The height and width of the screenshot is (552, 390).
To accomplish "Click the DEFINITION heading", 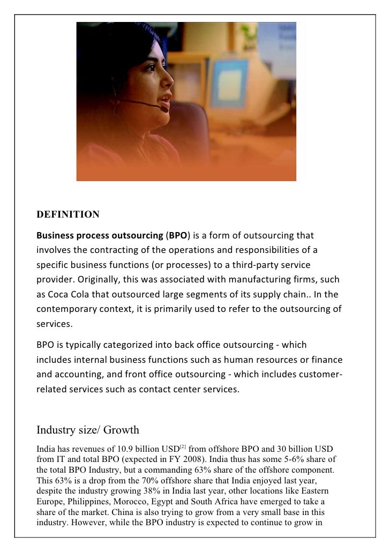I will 67,215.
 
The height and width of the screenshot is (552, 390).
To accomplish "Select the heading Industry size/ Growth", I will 87,430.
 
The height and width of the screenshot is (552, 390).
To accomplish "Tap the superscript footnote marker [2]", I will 183,446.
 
